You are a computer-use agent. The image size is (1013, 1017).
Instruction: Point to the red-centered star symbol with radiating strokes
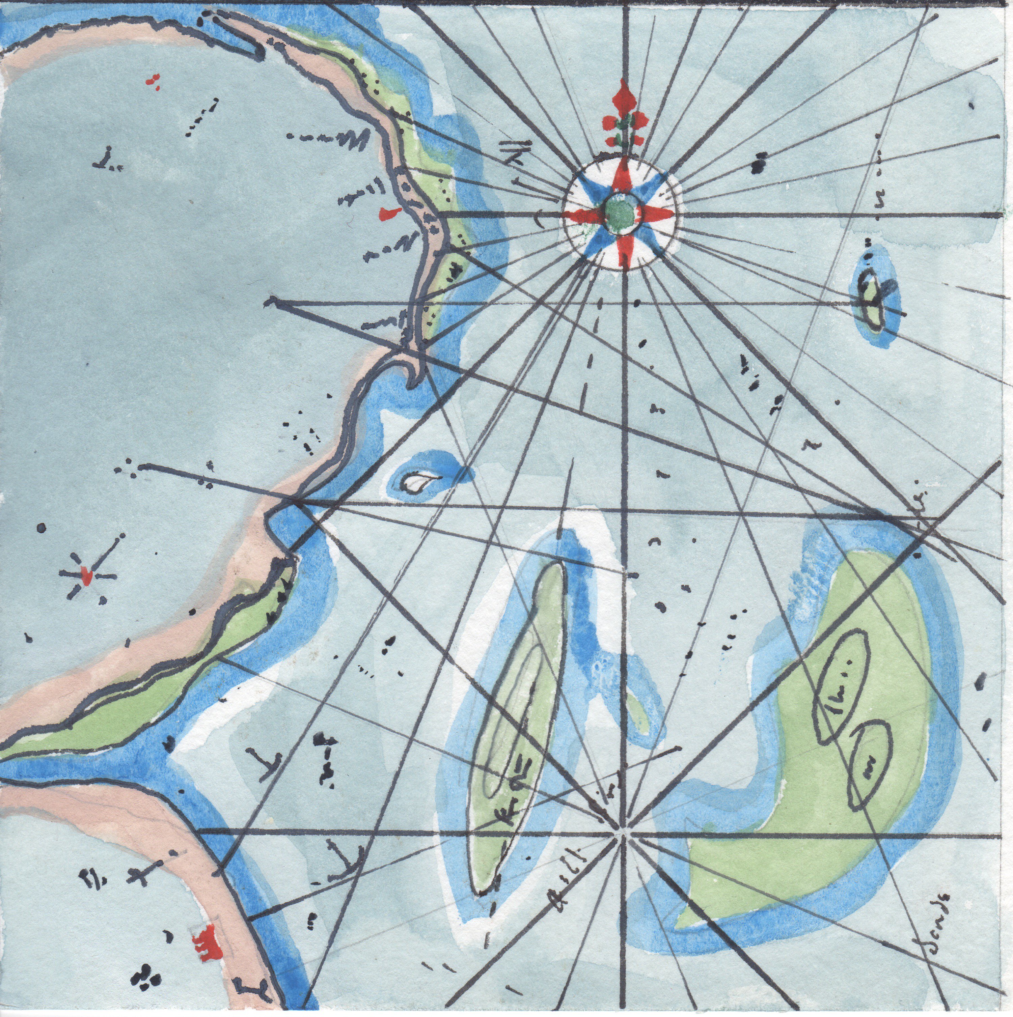pos(86,575)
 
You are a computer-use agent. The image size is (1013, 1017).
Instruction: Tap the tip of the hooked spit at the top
pos(259,53)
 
